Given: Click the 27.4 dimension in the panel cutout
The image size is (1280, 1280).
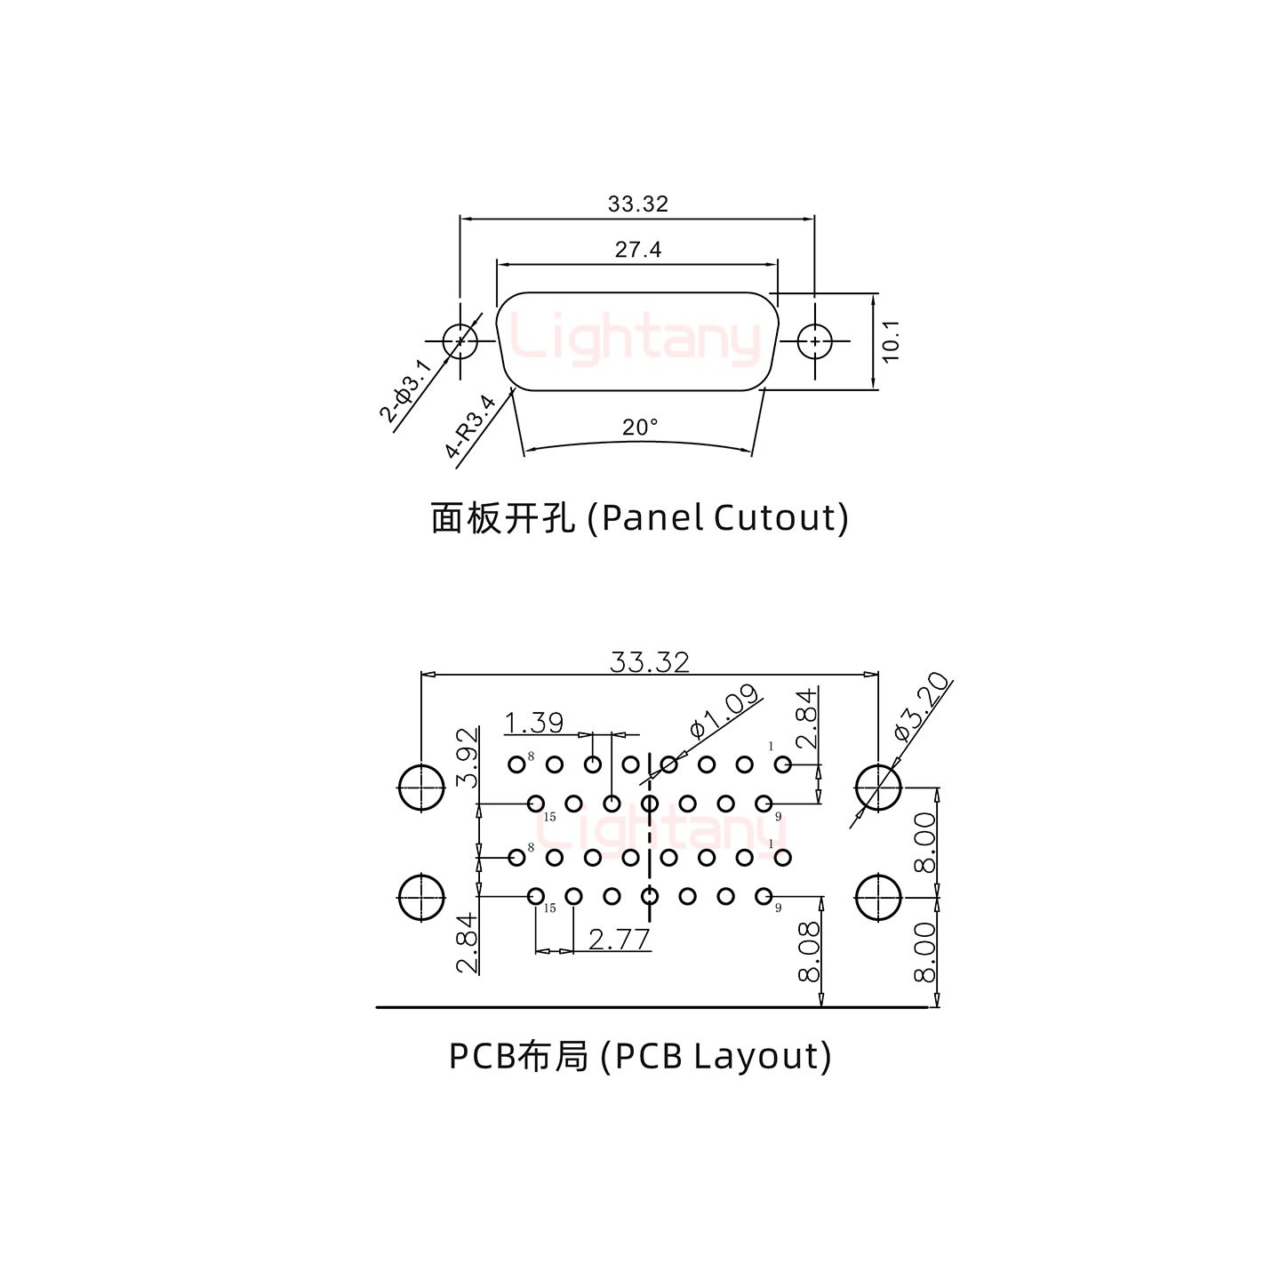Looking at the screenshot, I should pos(638,250).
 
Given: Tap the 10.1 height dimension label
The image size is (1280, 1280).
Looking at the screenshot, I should pos(891,340).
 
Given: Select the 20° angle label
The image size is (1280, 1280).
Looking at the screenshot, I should pos(640,428).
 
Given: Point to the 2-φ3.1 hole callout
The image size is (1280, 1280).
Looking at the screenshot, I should pos(405,389).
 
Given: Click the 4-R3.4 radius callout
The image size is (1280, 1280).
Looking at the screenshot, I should pos(470,427).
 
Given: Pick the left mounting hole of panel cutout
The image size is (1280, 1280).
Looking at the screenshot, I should pos(460,340).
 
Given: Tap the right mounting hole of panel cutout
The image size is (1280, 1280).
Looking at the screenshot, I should pos(814,340).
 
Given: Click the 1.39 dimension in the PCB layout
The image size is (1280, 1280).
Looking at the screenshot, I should pos(534,723).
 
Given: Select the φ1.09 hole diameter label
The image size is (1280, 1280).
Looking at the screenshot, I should pos(725,712).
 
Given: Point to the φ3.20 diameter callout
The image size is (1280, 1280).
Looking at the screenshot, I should pos(922,707).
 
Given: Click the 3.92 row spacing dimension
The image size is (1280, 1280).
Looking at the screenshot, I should pos(468,757).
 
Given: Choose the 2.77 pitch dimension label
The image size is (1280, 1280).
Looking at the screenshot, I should pos(619,939).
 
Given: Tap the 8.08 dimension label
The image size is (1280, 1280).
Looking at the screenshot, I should pos(809,952).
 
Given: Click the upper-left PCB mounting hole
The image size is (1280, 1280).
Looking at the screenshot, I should pos(420,788).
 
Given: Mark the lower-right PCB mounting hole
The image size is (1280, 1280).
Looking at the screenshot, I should pos(878,897).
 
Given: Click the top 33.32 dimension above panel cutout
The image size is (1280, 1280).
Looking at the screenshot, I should pos(637,204).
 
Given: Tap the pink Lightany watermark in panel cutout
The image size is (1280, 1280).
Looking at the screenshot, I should pos(636,339).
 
